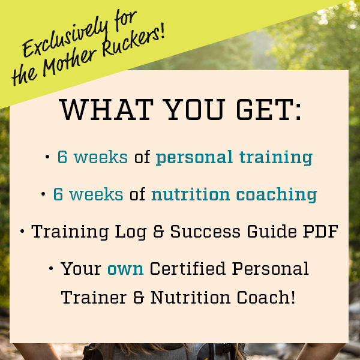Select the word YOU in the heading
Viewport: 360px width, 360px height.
[195, 109]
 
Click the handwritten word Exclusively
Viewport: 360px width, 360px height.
[65, 37]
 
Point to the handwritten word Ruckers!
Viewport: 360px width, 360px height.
[133, 39]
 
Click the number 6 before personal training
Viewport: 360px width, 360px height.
[62, 157]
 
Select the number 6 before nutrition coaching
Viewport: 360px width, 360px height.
[58, 194]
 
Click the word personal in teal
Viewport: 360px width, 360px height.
[194, 158]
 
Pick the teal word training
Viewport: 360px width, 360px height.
[276, 158]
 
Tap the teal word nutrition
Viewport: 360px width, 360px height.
[190, 194]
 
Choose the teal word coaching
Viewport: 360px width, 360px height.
[277, 194]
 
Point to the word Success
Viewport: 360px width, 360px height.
[205, 232]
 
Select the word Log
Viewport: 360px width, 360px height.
[130, 232]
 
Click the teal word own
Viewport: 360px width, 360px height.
[125, 269]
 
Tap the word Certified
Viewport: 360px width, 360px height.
[187, 268]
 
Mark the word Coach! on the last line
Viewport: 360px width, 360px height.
[266, 297]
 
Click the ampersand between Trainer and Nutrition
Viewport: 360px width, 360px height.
[139, 298]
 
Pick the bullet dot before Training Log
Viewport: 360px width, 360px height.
[22, 232]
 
